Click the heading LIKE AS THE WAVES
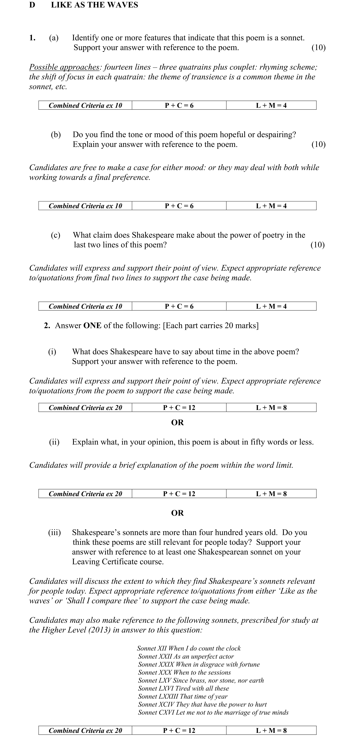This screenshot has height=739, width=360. tap(94, 5)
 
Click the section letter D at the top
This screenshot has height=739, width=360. tap(32, 5)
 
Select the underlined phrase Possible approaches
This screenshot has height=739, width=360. tap(64, 67)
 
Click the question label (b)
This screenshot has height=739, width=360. tap(56, 135)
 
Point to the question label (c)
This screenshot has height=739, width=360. tap(55, 235)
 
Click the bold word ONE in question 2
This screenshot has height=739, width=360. tap(92, 326)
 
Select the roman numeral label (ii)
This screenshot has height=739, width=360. tap(54, 442)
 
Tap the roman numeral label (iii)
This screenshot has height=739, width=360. tap(54, 533)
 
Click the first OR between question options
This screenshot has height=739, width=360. tap(177, 423)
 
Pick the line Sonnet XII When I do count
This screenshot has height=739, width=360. tap(189, 648)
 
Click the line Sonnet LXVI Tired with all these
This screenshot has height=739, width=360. tap(183, 688)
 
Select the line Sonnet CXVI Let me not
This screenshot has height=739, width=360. tap(213, 712)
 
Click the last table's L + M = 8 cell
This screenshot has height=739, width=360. tap(271, 730)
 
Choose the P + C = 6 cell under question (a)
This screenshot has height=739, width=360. tap(179, 105)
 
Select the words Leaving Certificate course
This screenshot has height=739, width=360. tap(118, 562)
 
